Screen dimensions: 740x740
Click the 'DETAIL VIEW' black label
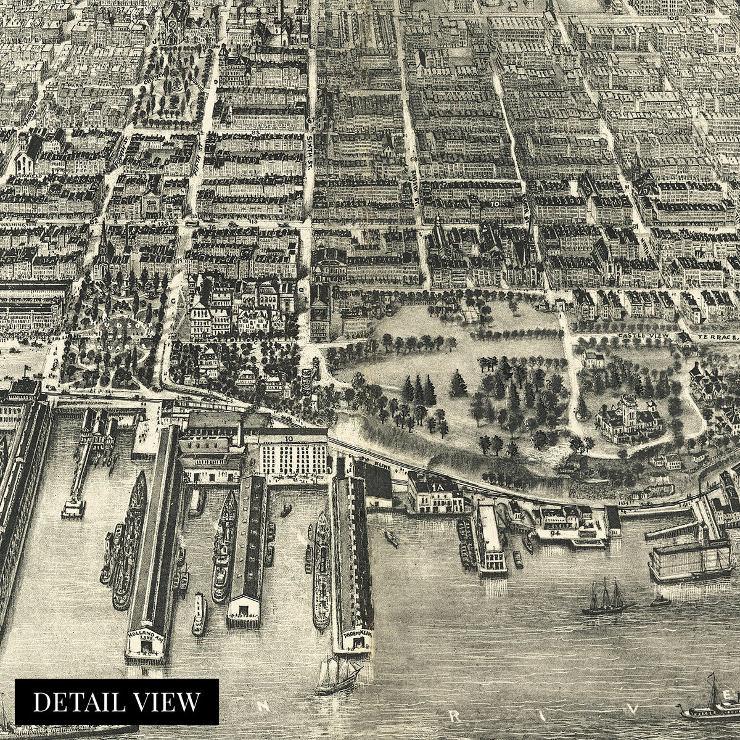117,701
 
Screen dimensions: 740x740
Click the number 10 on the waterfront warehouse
289,438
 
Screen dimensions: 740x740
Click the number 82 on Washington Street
94,220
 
